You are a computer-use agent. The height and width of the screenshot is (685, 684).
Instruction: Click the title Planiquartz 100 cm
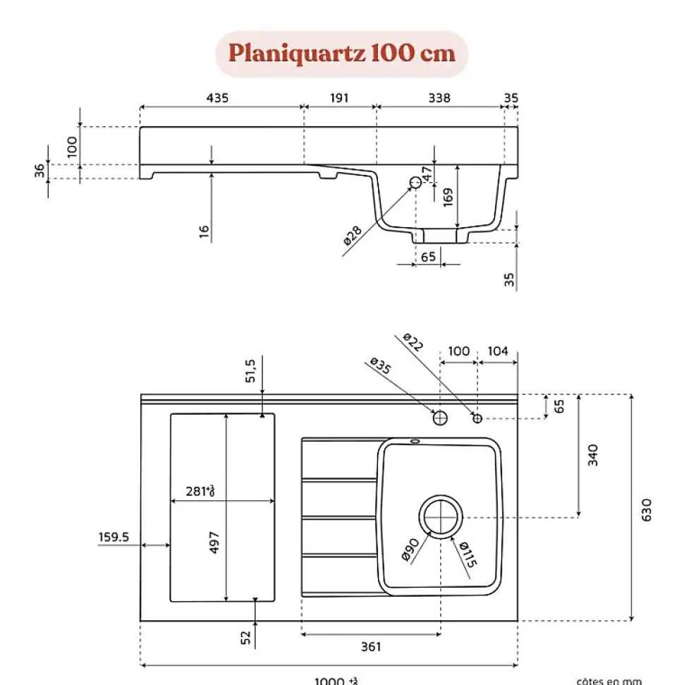coord(342,54)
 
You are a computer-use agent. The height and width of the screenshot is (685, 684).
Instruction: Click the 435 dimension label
coord(217,98)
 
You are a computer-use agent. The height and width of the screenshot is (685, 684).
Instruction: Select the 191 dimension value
coord(339,98)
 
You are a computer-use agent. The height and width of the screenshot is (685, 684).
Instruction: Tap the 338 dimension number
coord(439,98)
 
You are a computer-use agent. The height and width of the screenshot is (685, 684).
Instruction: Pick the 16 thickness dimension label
coord(204,232)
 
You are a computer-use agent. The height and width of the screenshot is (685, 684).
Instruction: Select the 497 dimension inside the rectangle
coord(215,542)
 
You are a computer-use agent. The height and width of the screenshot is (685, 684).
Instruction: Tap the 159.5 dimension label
coord(114,538)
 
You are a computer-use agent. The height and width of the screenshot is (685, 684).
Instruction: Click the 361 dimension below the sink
coord(371,646)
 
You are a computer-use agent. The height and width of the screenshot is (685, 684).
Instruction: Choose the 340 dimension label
coord(593,455)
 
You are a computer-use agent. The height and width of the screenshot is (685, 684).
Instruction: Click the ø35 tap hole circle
coord(440,418)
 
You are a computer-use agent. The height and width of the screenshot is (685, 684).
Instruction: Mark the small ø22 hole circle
coord(477,418)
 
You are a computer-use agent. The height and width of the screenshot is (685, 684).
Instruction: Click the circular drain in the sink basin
coord(441,516)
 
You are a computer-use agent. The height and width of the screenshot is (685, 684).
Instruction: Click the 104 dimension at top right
coord(498,351)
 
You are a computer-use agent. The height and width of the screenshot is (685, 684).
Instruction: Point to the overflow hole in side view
coord(416,182)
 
